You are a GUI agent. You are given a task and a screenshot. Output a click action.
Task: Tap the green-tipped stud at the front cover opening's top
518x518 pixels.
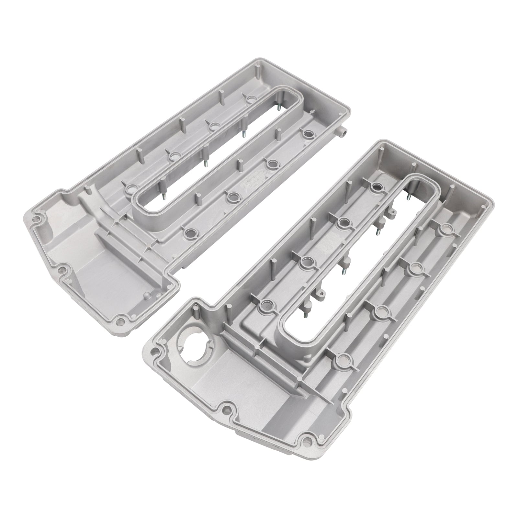(x=409, y=197)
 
